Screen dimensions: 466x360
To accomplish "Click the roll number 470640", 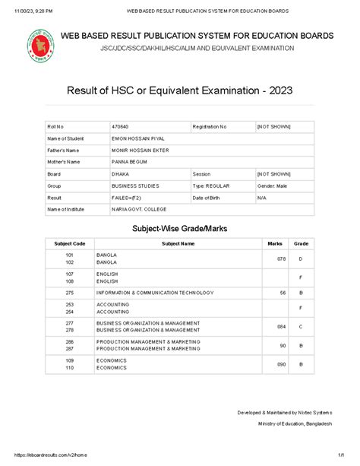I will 120,125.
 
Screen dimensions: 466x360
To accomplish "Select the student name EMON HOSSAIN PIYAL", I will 137,139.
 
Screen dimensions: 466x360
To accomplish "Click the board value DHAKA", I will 120,174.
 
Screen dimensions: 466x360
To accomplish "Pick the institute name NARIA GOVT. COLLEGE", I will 138,208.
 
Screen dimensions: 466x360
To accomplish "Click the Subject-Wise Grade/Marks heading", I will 180,228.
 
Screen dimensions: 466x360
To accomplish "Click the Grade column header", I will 301,243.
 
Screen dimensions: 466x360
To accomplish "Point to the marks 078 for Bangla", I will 281,259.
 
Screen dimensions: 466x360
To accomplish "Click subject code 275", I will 70,293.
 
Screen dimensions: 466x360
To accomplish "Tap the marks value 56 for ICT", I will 283,293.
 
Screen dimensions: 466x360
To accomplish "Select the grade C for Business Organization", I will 301,326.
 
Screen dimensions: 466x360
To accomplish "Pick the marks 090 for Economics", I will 281,364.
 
